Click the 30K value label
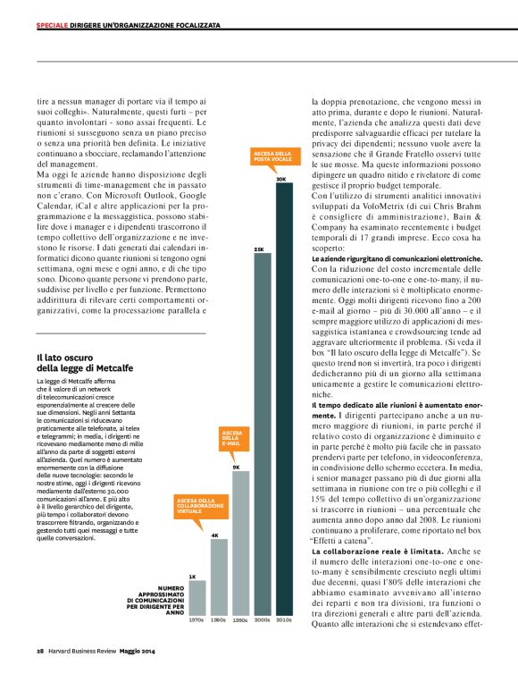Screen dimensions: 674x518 click(281, 180)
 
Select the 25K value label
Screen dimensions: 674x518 click(261, 249)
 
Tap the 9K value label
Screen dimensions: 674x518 click(237, 467)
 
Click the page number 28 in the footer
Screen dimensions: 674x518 click(40, 649)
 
